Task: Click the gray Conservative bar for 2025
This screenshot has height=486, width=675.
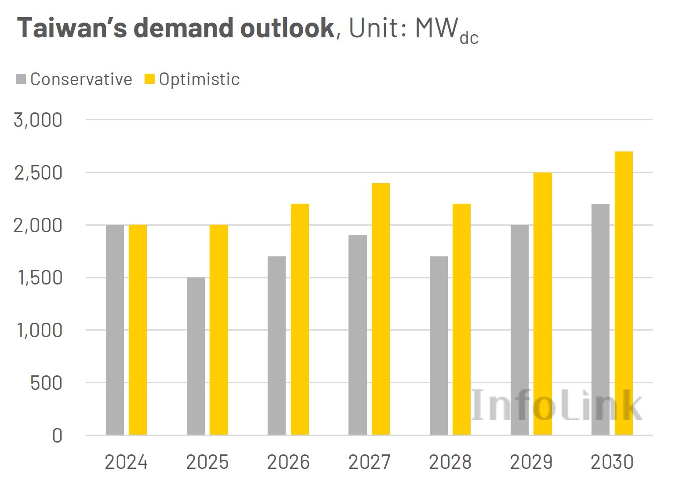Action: tap(196, 356)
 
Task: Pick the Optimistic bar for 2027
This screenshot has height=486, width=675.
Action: tap(381, 309)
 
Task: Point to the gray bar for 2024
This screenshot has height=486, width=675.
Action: tap(115, 330)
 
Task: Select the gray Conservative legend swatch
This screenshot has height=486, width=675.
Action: tap(21, 79)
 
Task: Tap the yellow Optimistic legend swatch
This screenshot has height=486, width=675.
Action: tap(150, 79)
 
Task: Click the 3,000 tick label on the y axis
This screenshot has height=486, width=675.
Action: tap(38, 120)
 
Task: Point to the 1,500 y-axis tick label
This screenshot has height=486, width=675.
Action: tap(40, 278)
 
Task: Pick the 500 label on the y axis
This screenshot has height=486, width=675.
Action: tap(46, 383)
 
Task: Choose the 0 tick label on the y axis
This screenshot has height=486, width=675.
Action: tap(57, 436)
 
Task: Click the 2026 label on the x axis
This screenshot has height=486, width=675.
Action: tap(288, 462)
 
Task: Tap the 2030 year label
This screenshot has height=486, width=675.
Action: tap(612, 462)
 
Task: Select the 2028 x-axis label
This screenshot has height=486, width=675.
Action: tap(450, 462)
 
